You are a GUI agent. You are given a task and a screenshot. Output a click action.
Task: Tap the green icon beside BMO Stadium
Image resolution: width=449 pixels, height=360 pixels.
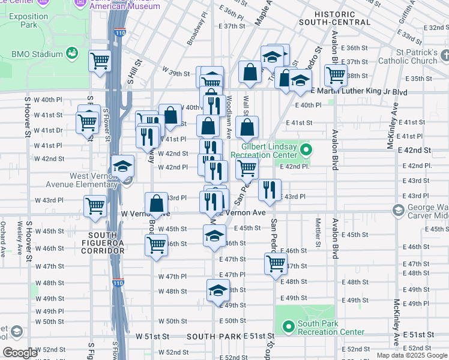73,53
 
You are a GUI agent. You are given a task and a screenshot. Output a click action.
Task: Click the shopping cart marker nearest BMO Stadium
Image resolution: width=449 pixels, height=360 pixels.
100,61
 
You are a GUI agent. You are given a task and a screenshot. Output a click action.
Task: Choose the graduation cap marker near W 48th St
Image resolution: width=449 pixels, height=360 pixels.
217,290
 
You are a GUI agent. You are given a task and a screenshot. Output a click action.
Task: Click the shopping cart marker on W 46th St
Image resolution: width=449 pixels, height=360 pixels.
156,244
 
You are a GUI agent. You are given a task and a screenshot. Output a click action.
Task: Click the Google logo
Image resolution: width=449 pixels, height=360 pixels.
21,353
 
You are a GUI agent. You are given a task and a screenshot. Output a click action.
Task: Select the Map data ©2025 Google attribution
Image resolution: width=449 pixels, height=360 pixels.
411,355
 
